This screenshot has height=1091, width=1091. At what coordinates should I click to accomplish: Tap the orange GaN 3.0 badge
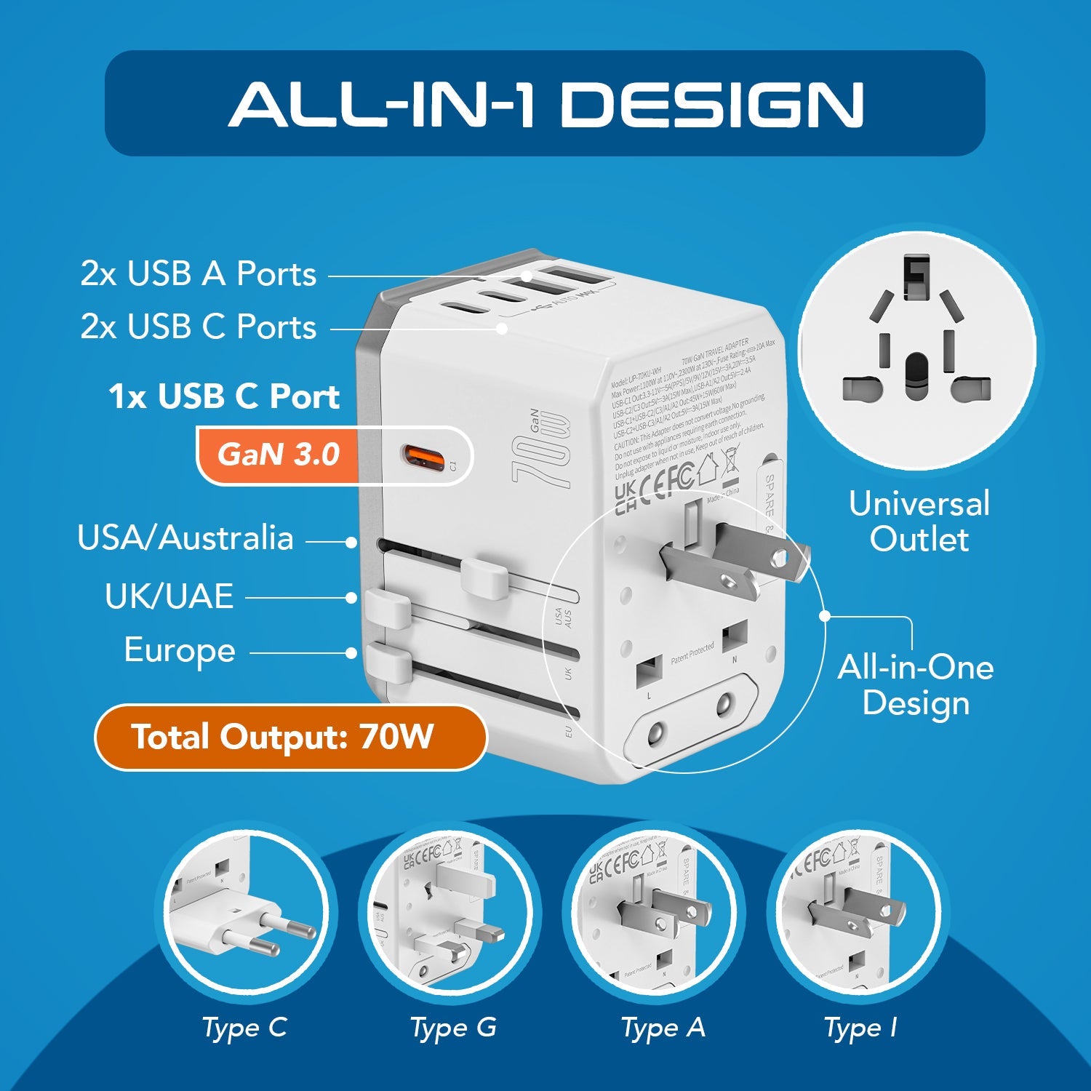(279, 455)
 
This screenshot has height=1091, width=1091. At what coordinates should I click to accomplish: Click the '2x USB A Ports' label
(198, 274)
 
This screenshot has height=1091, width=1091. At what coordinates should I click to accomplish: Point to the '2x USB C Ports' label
(198, 327)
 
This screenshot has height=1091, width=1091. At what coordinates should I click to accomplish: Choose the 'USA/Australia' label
(185, 538)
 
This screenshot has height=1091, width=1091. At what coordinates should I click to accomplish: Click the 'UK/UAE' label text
(169, 596)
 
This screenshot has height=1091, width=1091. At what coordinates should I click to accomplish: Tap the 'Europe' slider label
(180, 650)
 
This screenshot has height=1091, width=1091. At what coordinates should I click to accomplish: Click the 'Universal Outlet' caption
(919, 521)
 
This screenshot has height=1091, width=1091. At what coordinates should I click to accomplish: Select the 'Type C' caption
(244, 1028)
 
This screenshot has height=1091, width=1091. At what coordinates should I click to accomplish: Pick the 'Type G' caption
(453, 1028)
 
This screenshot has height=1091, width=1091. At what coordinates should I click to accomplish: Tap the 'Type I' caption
(860, 1028)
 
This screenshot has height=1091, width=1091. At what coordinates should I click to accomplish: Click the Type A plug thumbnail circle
(655, 914)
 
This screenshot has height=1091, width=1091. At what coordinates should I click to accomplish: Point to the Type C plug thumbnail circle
(245, 914)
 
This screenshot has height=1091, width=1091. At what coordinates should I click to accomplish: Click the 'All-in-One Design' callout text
(915, 684)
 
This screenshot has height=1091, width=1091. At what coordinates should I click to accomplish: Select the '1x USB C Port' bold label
(224, 396)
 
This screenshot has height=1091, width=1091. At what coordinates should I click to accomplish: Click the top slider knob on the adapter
(484, 578)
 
